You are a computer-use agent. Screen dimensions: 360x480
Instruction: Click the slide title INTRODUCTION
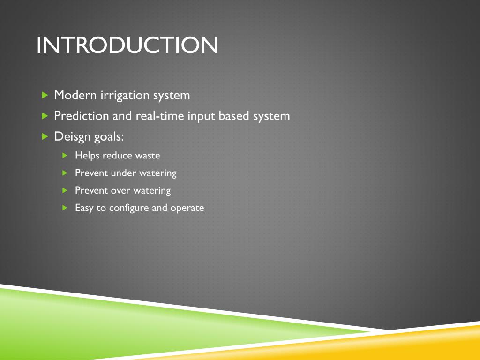(127, 45)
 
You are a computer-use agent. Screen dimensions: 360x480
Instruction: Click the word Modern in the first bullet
(75, 95)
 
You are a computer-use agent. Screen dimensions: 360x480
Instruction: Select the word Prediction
(82, 116)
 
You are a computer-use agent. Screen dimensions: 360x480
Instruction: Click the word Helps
(87, 156)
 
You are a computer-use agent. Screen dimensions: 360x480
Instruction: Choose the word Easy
(84, 208)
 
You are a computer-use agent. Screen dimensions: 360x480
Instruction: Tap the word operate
(187, 208)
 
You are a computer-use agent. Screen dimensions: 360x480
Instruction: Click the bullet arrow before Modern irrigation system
(45, 95)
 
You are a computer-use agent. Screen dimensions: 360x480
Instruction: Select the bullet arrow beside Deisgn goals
(45, 136)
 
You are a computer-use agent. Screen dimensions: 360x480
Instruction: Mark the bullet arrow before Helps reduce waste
(66, 155)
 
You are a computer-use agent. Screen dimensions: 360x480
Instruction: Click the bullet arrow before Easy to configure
(66, 208)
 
